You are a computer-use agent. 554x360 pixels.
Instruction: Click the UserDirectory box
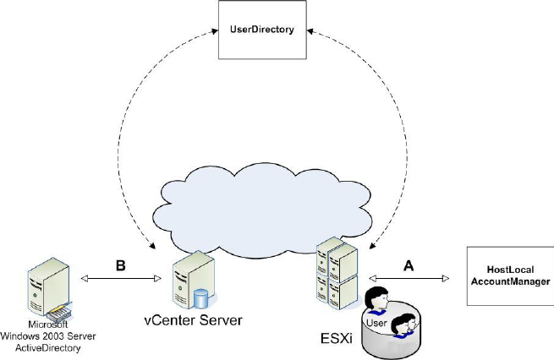262,30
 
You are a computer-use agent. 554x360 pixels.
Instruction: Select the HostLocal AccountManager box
510,275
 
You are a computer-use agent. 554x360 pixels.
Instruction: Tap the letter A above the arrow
409,265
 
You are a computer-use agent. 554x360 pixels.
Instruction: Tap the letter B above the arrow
120,265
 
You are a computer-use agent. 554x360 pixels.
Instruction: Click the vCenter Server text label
193,320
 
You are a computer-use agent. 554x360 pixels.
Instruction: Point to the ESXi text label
337,338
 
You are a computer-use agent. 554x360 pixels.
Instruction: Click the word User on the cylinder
376,323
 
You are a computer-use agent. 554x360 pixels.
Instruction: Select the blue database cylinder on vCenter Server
200,298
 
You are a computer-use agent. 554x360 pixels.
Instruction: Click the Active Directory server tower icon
49,287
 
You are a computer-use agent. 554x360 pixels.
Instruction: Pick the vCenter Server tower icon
194,281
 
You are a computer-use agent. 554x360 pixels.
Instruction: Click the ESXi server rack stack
337,274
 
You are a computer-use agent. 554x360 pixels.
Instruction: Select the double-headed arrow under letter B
121,279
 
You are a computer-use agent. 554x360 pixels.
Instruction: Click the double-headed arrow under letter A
409,279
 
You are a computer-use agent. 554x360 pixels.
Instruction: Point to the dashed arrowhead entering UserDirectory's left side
215,31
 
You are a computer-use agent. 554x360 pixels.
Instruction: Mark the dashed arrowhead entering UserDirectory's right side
310,31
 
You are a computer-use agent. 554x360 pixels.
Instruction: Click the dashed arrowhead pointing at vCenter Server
152,246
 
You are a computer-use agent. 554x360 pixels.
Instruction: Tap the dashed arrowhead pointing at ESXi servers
372,246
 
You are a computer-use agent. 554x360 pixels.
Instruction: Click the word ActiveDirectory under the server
48,348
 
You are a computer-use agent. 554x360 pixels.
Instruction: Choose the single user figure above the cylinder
376,300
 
